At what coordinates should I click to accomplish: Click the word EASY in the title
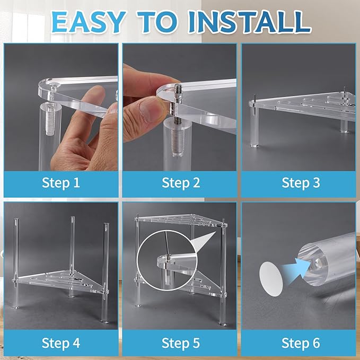coord(89,22)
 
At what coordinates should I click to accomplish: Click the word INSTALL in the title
coord(249,22)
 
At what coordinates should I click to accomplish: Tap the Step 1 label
coord(61,183)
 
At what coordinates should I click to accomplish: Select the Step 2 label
coord(181,183)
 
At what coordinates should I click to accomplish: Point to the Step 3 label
coord(301,183)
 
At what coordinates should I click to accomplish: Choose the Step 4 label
coord(61,343)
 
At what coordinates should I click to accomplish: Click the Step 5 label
coord(181,343)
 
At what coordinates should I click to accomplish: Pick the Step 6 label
coord(301,343)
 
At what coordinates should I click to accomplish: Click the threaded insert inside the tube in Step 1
coord(50,119)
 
